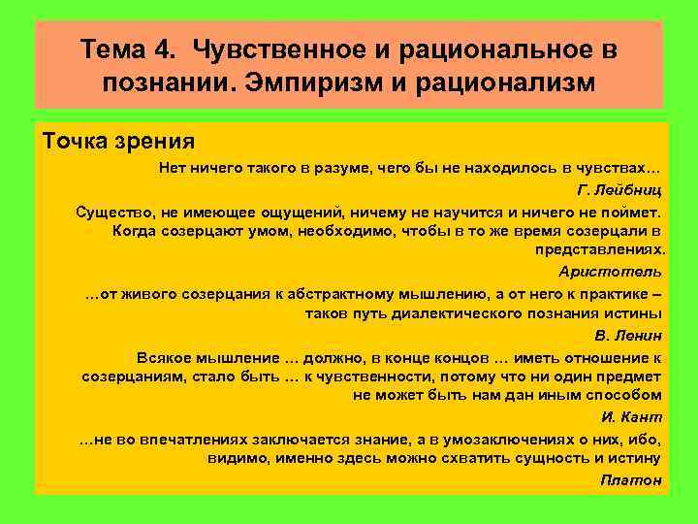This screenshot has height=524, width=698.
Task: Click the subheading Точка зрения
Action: coord(119,141)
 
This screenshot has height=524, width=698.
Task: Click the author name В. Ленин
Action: coord(627,336)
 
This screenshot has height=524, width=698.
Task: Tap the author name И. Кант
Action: coord(632,417)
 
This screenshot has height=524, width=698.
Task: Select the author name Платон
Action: coord(631,480)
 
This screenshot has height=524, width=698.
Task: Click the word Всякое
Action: coord(163,357)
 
